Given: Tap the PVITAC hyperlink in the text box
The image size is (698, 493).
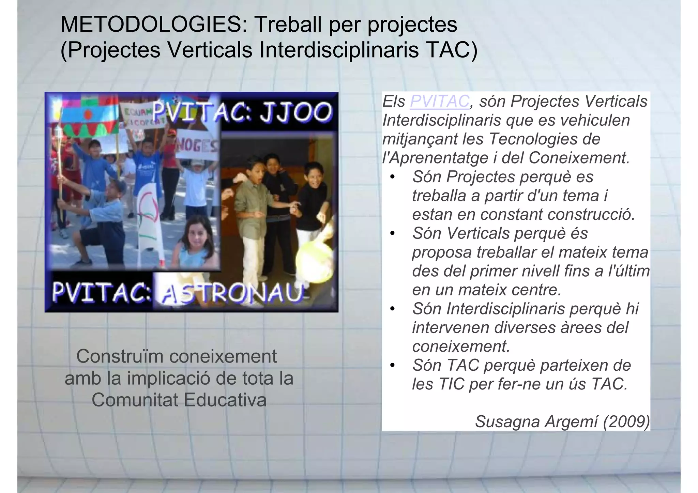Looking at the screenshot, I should pos(440,101).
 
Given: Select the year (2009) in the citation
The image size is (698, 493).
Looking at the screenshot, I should pos(626,422).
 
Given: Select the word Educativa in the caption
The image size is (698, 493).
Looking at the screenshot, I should pos(225,400).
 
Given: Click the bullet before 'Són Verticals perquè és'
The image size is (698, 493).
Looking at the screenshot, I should pos(393,234).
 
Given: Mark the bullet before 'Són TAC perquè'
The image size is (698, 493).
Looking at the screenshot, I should pos(393,366).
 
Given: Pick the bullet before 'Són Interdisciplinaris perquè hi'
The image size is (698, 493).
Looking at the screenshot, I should pos(393,309).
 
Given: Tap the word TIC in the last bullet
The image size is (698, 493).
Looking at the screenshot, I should pos(451,384).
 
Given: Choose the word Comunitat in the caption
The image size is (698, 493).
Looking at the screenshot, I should pos(135,400).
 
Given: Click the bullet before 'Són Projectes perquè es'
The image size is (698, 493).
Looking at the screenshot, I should pos(393,177).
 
